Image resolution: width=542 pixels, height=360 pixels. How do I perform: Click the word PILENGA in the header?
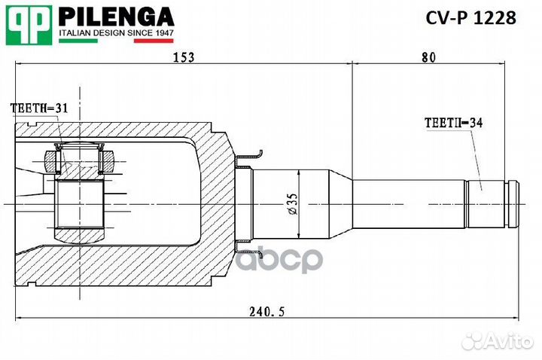click(x=116, y=16)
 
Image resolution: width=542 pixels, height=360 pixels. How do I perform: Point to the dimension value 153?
click(x=183, y=57)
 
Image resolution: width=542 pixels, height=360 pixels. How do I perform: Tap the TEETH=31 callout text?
click(x=38, y=108)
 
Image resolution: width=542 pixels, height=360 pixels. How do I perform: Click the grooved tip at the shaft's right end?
click(x=513, y=203)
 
